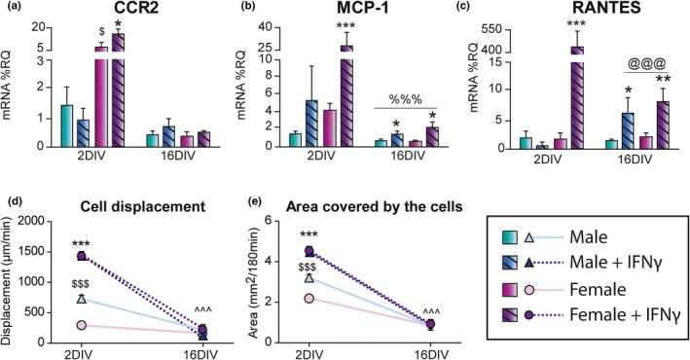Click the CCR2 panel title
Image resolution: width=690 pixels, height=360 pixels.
[93, 11]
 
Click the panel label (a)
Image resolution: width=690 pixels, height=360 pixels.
[13, 9]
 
